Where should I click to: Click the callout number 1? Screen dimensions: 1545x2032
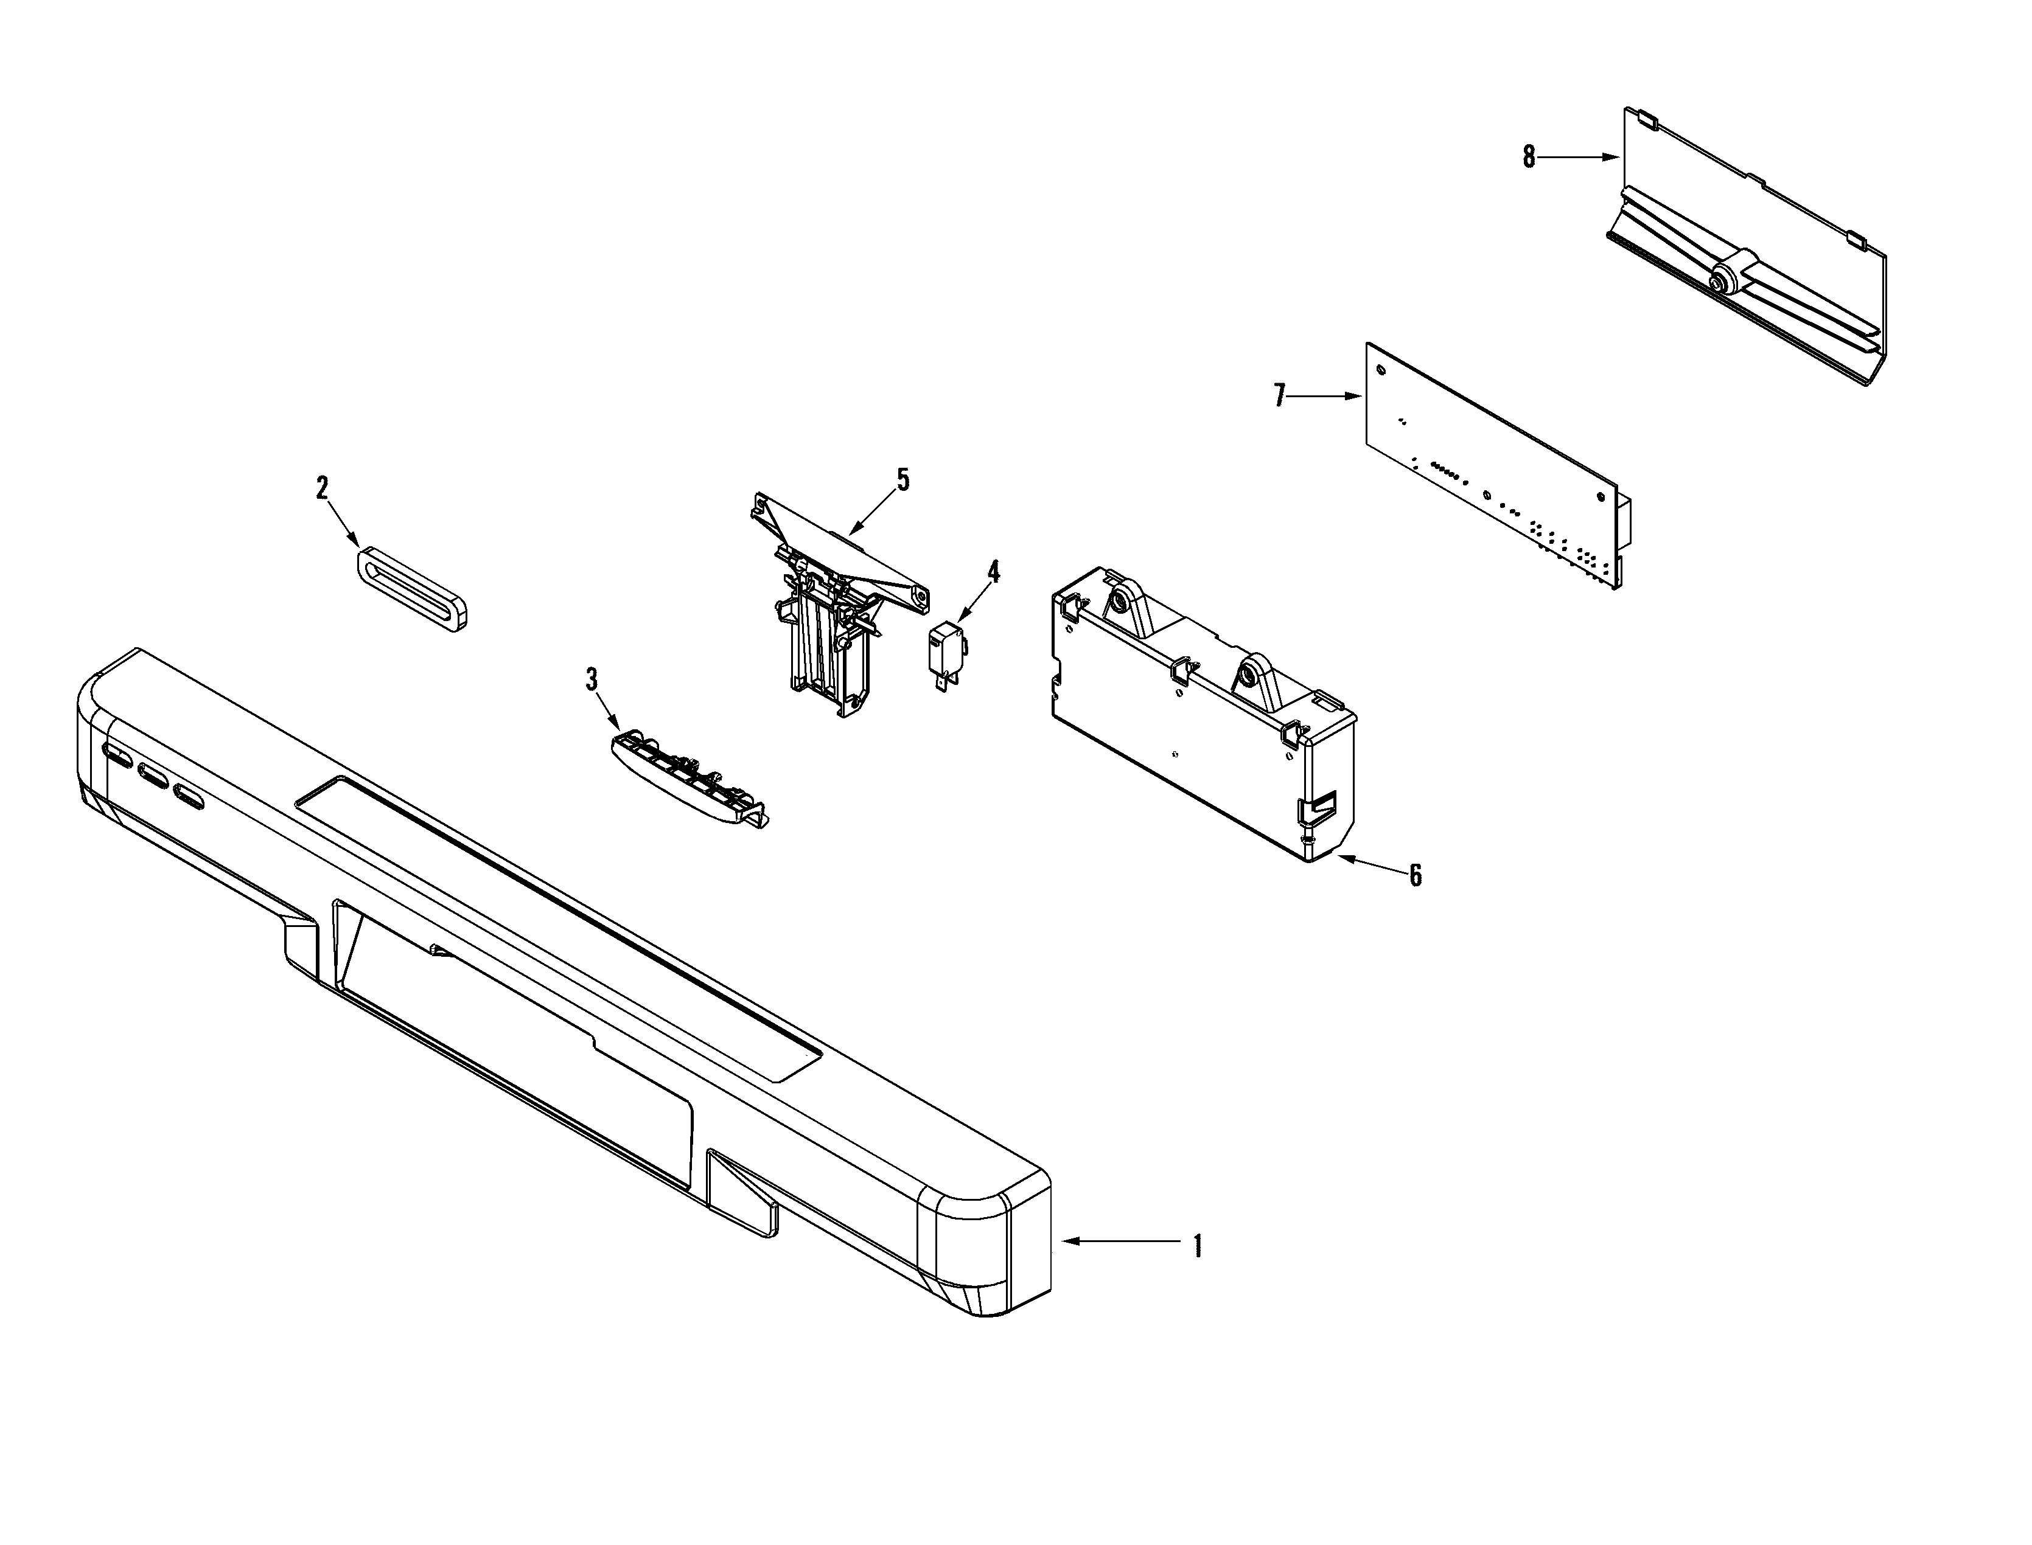1197,1246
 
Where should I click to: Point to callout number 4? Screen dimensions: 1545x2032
993,571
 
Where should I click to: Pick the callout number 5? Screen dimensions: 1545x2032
903,479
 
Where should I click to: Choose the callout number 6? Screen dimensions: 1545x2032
1416,875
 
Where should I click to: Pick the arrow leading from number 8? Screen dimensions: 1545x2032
1577,158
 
